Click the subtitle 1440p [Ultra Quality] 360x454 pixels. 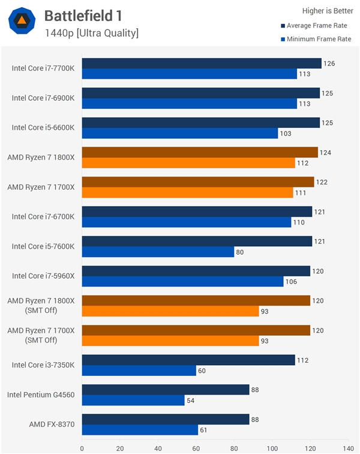(91, 33)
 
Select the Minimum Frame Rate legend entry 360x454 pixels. (318, 39)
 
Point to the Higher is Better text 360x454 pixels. (328, 10)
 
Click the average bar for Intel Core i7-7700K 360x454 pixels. (201, 64)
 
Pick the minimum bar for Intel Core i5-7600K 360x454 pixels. (158, 252)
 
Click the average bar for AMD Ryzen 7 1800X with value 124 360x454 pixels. (200, 153)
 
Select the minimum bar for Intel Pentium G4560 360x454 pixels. (133, 400)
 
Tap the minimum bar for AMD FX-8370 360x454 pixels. (140, 430)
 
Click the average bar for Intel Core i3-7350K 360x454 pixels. (188, 360)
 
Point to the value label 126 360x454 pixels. (329, 64)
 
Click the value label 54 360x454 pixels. (191, 401)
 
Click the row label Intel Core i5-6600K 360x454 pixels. (43, 127)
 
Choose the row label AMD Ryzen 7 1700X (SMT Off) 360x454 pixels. (41, 335)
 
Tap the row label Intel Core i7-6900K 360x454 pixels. (43, 98)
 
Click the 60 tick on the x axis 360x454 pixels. (196, 447)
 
